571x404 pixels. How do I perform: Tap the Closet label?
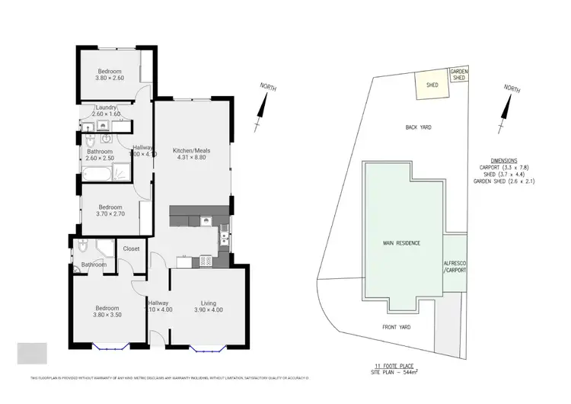pos(131,248)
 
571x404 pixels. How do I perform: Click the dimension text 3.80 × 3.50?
pos(107,315)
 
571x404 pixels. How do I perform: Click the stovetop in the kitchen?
pos(206,261)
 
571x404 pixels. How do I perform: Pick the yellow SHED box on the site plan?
pos(431,85)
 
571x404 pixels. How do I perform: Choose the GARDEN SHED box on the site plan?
pos(459,74)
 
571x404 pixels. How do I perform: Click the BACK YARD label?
pos(418,127)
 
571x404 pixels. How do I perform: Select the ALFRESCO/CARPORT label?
pos(455,266)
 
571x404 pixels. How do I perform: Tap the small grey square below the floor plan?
pos(32,353)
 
